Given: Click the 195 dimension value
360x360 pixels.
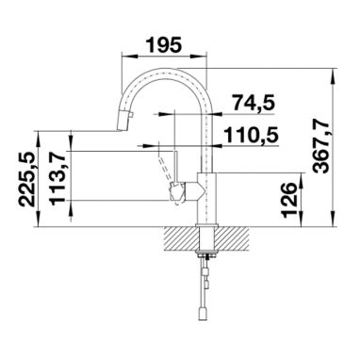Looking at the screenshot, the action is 165,45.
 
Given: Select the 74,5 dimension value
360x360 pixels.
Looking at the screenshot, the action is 254,103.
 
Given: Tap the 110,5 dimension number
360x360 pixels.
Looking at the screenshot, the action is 251,136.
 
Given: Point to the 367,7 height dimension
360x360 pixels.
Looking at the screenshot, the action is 321,147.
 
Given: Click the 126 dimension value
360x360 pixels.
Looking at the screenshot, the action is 289,200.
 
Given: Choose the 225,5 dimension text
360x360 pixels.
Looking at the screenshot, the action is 26,179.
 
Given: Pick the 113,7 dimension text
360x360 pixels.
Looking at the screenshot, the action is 57,178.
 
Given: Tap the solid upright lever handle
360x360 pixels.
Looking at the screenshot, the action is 175,166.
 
